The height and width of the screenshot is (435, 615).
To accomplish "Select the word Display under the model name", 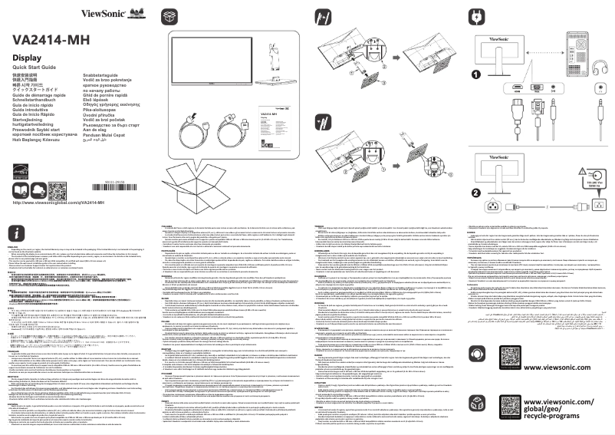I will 28,58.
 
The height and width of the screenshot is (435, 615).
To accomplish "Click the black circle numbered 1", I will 476,74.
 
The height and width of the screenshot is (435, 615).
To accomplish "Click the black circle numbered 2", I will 476,193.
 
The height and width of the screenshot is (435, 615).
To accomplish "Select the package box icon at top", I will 169,15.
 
